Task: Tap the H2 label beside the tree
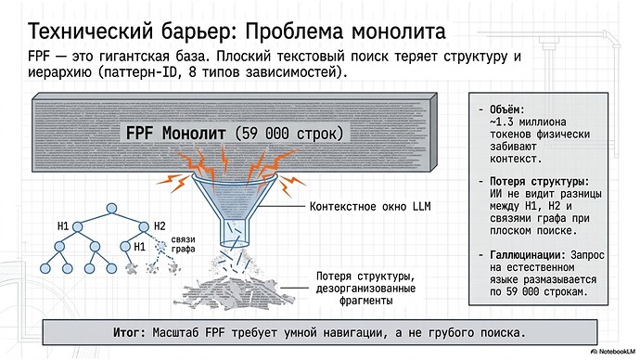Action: pyautogui.click(x=160, y=225)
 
